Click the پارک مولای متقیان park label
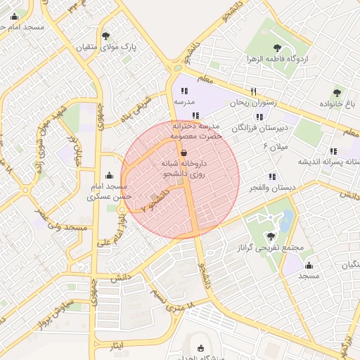tap(105, 47)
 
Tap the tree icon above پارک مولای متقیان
tap(105, 35)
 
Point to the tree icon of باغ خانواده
tap(337, 92)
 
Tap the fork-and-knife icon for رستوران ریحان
tap(253, 91)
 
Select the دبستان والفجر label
tap(271, 188)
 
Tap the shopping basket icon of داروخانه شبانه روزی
tap(184, 153)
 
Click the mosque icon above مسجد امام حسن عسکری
tap(108, 175)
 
